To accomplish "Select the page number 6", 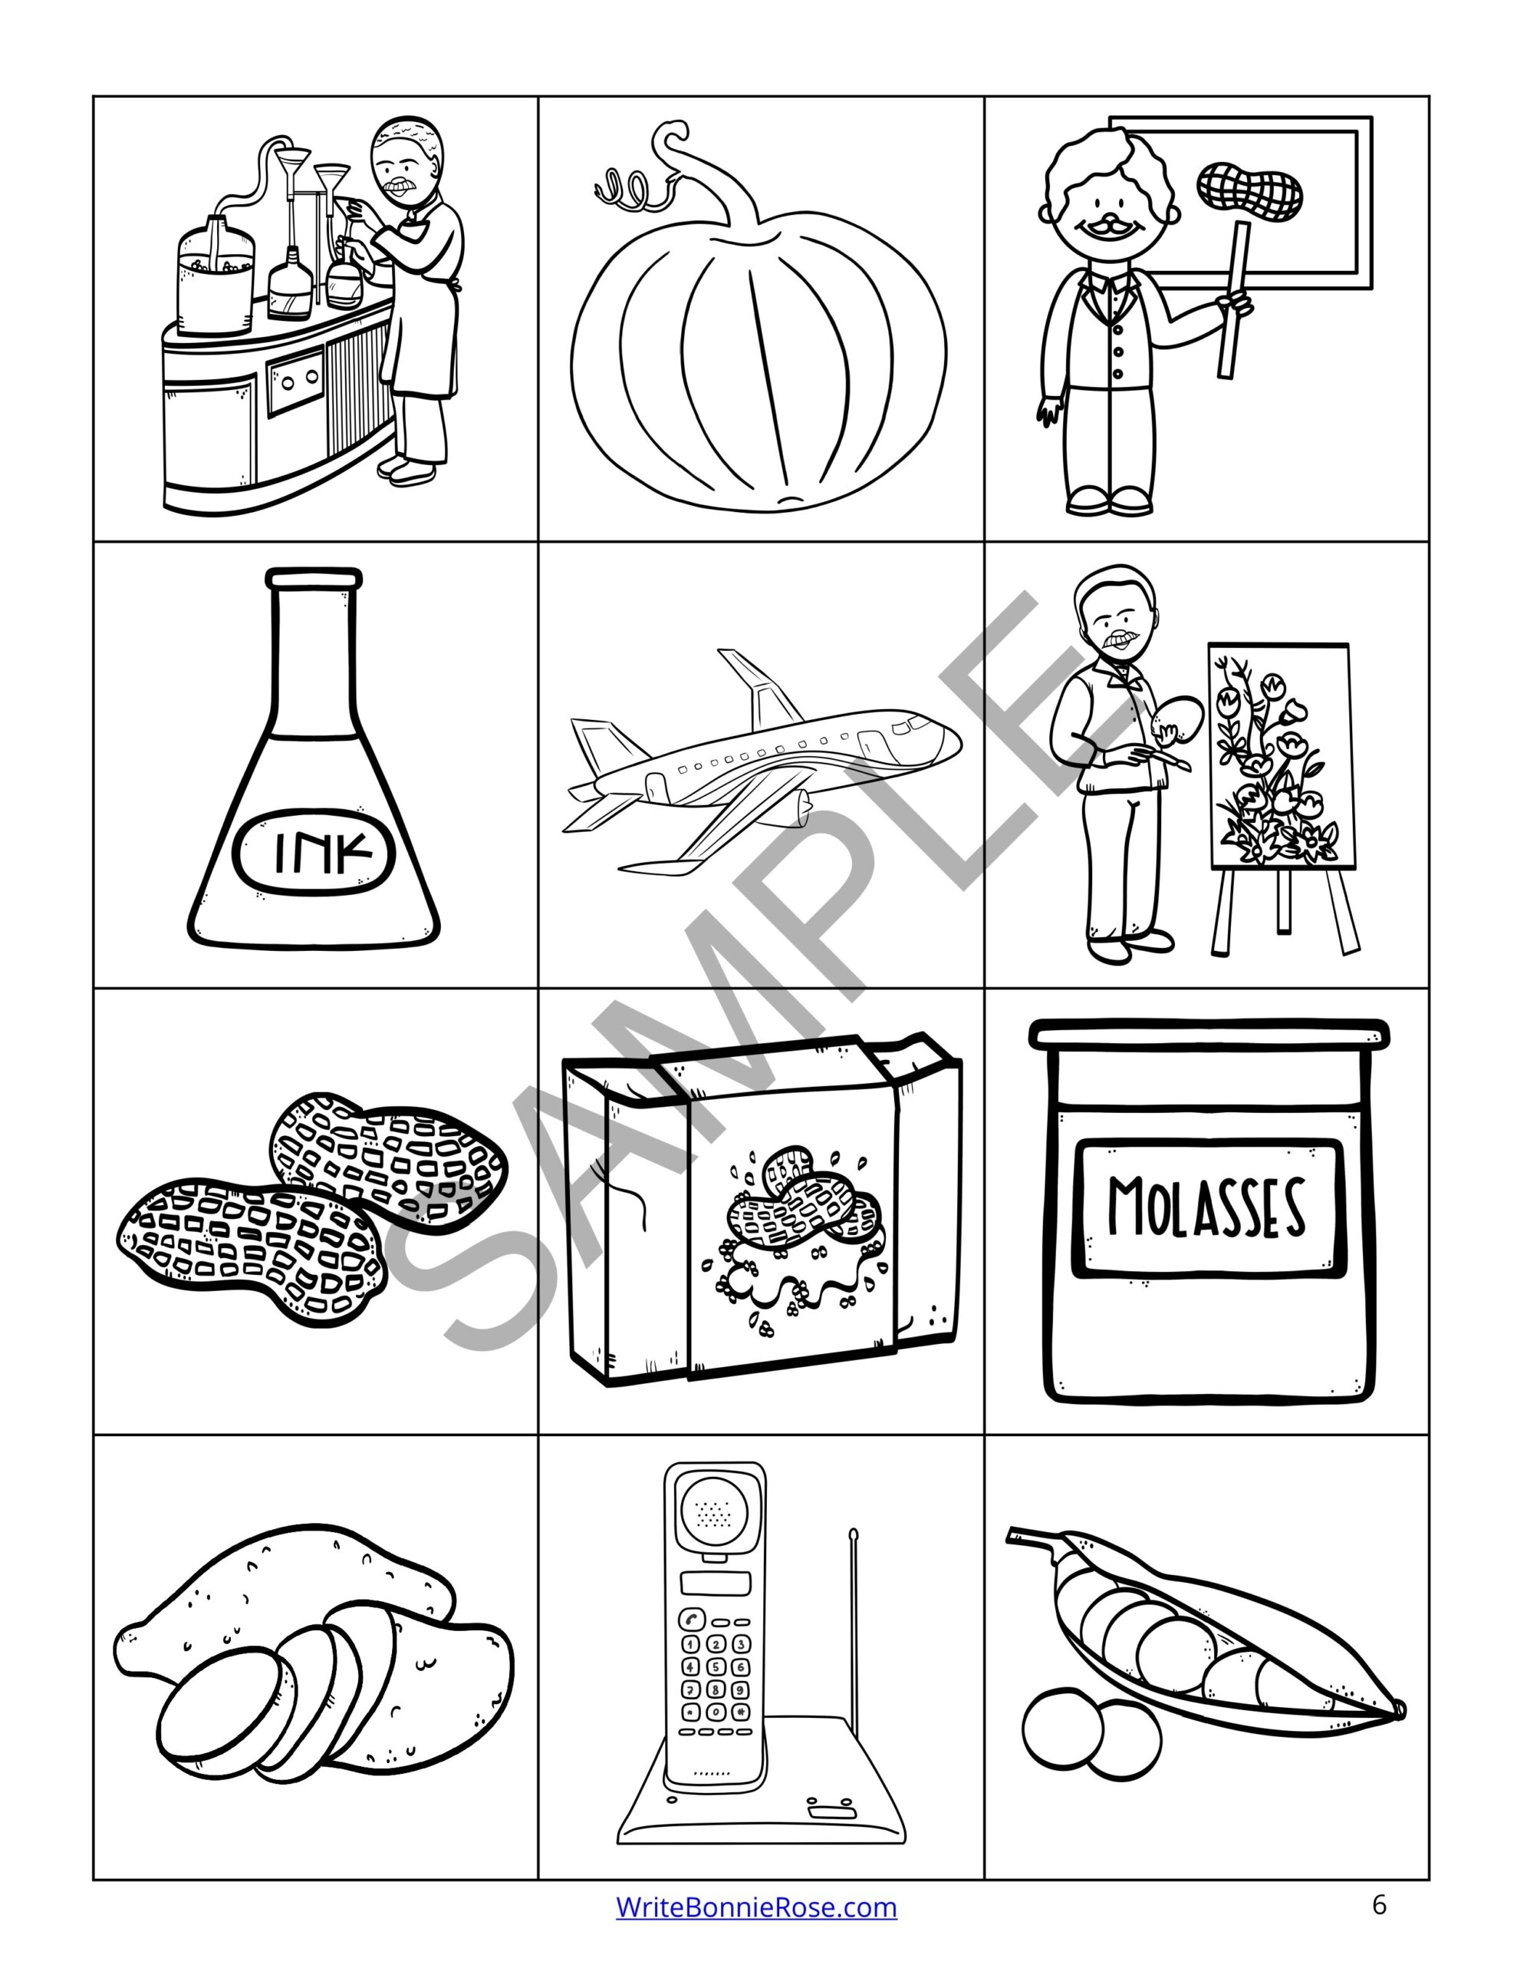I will [x=1380, y=1904].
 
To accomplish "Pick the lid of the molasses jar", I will [x=1208, y=1033].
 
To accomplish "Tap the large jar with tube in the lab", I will [x=216, y=279].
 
